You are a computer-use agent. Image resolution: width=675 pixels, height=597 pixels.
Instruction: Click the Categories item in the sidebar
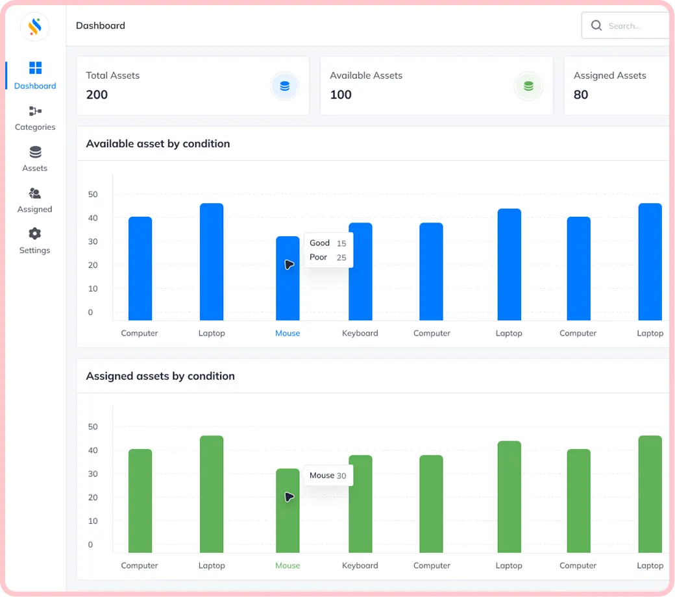[x=35, y=118]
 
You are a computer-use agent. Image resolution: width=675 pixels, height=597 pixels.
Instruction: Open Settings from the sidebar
[x=35, y=241]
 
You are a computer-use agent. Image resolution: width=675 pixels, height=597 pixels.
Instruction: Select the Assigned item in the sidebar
[x=35, y=201]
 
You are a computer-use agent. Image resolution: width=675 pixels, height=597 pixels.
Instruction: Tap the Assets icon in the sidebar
[x=35, y=152]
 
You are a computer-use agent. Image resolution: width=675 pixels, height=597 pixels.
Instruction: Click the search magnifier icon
[x=596, y=25]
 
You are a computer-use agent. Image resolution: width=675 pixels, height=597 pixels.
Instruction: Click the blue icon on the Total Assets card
[x=284, y=86]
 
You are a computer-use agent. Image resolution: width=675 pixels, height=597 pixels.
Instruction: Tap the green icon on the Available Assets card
[x=528, y=86]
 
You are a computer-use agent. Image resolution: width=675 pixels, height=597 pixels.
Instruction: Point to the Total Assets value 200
[x=97, y=95]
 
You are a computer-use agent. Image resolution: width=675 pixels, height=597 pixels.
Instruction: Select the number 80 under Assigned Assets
[x=581, y=95]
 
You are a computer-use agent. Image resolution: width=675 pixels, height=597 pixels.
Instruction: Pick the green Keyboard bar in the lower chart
[x=360, y=504]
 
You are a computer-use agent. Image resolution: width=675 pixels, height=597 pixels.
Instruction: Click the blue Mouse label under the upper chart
[x=288, y=333]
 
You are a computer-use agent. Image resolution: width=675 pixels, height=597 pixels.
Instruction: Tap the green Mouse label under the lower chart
[x=288, y=566]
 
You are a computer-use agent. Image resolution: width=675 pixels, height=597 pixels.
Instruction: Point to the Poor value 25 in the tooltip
[x=341, y=258]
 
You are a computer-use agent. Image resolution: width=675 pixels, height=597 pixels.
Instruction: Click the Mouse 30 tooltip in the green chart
[x=328, y=476]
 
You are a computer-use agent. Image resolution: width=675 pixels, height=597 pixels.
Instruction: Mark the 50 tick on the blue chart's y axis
[x=93, y=195]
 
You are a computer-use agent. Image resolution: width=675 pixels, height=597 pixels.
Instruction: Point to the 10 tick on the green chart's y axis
[x=93, y=521]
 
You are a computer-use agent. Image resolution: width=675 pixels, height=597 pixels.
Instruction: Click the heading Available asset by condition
[x=158, y=144]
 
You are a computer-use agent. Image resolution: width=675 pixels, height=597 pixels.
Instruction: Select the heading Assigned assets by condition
[x=160, y=376]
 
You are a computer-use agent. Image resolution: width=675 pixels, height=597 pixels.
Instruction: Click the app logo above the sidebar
[x=35, y=27]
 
